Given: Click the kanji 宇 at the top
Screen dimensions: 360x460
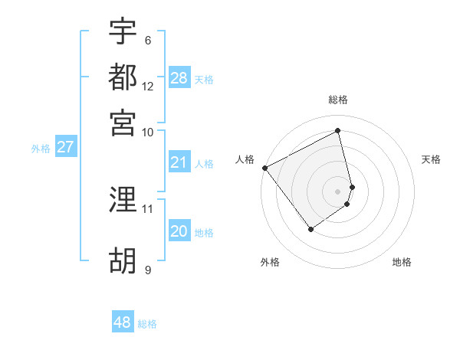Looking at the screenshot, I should point(123,32).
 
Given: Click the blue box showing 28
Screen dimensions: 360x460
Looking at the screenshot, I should point(179,78).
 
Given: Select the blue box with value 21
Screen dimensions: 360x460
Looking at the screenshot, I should point(179,162).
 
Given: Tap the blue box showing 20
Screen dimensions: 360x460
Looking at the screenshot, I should point(179,232).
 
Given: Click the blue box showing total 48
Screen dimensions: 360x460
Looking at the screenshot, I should point(123,322).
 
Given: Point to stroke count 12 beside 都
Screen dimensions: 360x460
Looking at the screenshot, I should point(148,86).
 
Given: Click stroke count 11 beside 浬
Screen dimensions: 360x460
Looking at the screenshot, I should point(148,208).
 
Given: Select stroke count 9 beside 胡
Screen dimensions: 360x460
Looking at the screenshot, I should point(148,269).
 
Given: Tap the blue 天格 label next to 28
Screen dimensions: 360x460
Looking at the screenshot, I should point(204,79).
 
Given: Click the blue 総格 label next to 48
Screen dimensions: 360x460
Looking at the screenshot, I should point(147,324).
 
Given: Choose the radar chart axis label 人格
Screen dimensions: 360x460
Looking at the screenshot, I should point(245,159).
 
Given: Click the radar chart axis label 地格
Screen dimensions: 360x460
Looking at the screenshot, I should point(402,262).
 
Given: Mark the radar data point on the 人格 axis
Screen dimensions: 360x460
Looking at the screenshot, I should point(264,168).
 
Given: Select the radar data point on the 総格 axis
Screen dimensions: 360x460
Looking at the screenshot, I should point(337,131).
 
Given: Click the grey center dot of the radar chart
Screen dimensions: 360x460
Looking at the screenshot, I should point(337,191).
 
